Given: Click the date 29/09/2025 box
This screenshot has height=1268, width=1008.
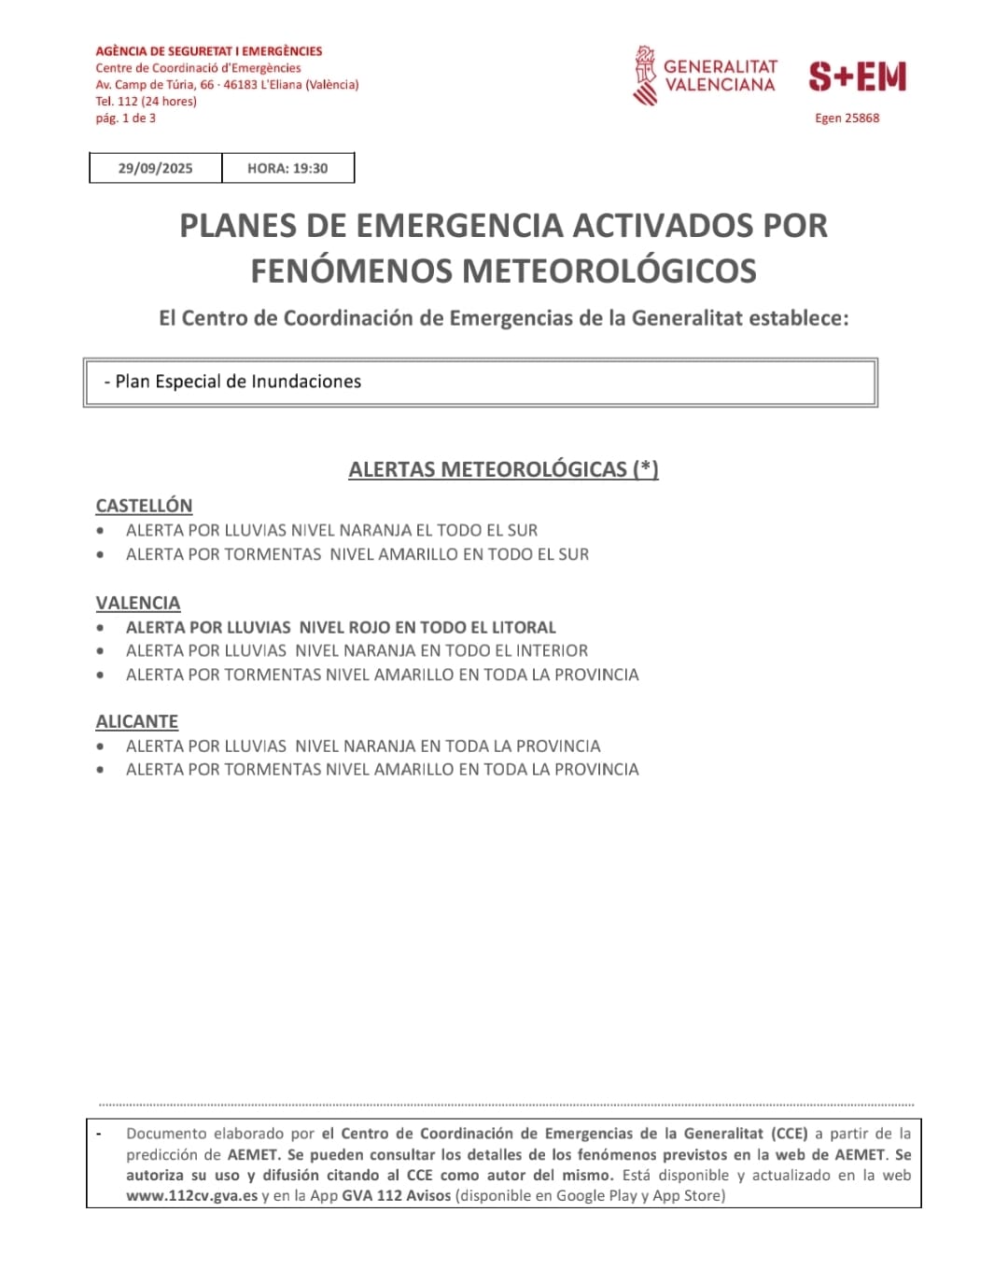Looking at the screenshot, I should click(155, 169).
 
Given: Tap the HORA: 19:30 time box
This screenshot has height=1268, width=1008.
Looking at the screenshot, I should click(287, 169).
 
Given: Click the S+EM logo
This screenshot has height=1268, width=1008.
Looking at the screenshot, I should click(858, 77).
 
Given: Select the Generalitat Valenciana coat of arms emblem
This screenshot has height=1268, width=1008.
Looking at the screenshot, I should click(645, 76).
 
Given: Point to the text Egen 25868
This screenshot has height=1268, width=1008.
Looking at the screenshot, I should click(847, 118).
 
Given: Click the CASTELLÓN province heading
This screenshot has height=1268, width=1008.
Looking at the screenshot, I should click(144, 506).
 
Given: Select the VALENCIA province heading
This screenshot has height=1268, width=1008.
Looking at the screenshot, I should click(138, 603).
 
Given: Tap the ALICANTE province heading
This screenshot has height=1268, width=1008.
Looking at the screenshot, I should click(137, 721).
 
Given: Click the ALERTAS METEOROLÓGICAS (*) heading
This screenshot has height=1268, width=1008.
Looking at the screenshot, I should click(503, 469).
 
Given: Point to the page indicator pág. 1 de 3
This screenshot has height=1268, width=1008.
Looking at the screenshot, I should click(125, 118).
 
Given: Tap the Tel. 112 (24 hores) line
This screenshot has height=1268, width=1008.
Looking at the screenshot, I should click(146, 102).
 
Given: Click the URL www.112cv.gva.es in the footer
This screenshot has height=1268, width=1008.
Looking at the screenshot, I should click(191, 1196).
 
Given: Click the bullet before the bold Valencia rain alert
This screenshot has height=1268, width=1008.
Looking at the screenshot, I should click(100, 628).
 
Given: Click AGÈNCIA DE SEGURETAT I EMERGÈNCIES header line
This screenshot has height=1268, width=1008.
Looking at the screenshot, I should click(209, 51).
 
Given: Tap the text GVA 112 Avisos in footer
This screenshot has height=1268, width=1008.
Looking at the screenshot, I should click(397, 1196).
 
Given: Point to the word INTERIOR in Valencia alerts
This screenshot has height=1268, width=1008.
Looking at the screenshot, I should click(551, 651).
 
